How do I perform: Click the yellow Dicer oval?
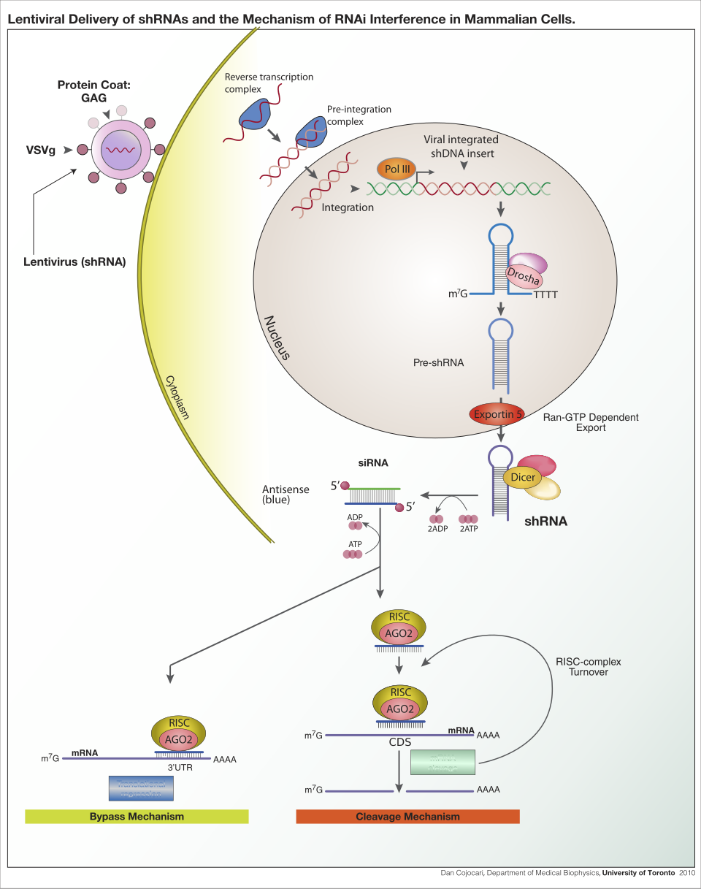pos(522,477)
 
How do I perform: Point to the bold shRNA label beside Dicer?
pos(546,522)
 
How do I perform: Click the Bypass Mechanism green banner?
pos(137,816)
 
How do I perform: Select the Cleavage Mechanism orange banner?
pos(407,816)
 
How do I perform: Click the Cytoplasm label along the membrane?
pos(176,398)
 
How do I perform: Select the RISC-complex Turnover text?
pos(588,666)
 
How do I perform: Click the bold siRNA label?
pos(373,462)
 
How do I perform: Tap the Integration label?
pos(348,207)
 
